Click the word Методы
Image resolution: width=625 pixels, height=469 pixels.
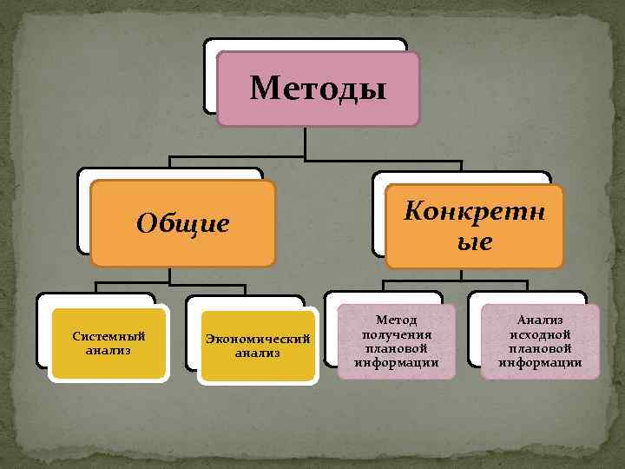[x=318, y=88]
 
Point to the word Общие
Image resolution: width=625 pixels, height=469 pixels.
[x=183, y=224]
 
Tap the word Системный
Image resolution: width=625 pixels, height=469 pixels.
[x=109, y=337]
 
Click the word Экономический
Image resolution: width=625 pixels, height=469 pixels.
[x=258, y=340]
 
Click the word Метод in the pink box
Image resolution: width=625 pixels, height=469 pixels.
[x=397, y=321]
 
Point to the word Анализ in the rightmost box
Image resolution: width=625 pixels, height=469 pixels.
[x=541, y=321]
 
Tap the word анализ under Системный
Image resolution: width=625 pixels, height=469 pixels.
[x=109, y=351]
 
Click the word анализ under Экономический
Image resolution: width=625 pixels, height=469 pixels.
[x=258, y=353]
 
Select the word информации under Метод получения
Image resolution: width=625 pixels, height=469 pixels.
[x=397, y=362]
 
